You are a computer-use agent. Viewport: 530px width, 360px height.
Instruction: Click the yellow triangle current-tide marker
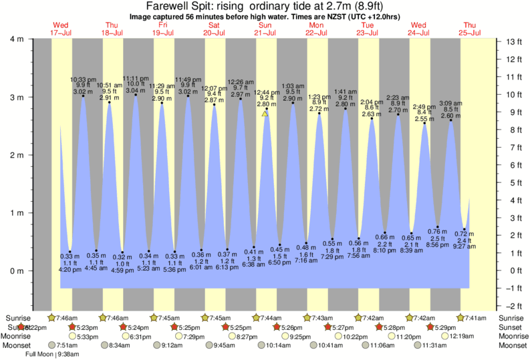pos(265,114)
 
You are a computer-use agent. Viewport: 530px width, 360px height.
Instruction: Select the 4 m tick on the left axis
pos(16,39)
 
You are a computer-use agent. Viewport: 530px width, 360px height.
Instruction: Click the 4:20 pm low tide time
pos(70,270)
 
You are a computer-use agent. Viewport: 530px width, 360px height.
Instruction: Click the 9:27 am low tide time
pos(463,246)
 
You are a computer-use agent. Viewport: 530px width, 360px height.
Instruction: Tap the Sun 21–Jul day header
pos(265,29)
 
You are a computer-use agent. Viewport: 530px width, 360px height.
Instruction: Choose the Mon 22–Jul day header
pos(316,29)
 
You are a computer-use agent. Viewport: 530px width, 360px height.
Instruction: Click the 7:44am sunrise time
pos(269,317)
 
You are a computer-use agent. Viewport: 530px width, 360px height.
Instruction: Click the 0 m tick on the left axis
pos(16,271)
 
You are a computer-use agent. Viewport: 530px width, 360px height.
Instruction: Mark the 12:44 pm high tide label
pos(266,92)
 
